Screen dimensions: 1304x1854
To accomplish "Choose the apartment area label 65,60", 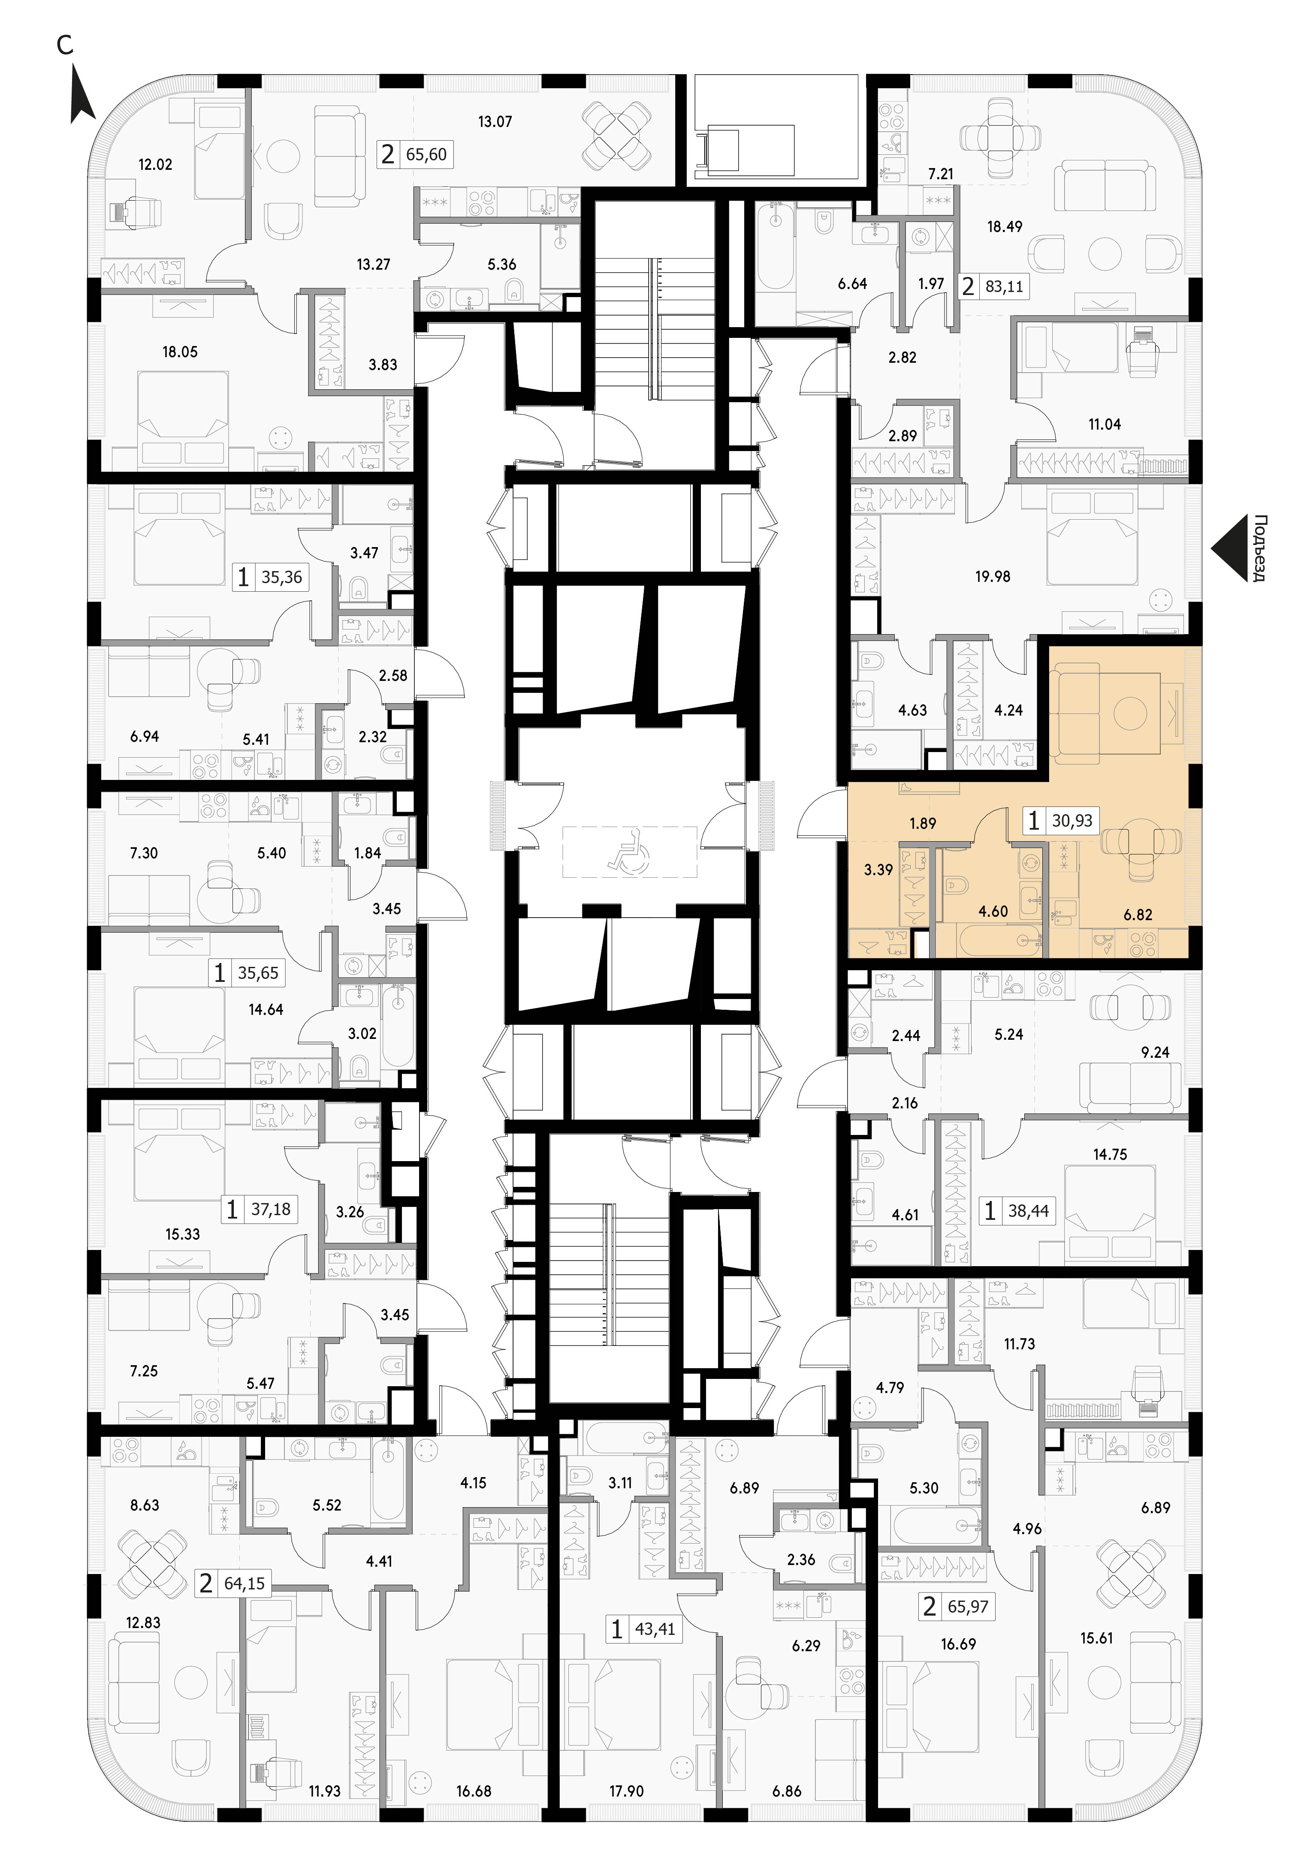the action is pos(426,153).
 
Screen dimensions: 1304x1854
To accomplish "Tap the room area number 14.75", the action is pos(1110,1154).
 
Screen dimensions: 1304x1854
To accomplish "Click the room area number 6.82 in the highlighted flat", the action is pos(1138,915).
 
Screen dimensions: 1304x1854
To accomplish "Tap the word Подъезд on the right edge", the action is pos(1258,548).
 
